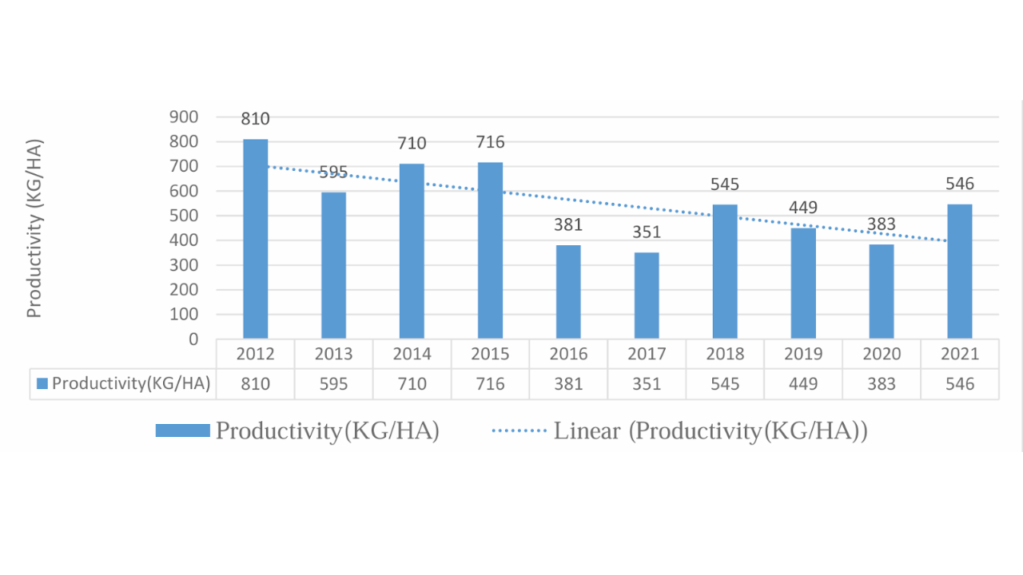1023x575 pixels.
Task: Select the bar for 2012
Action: pyautogui.click(x=256, y=239)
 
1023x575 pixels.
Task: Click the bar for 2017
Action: pyautogui.click(x=647, y=295)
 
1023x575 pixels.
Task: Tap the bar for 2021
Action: pyautogui.click(x=960, y=272)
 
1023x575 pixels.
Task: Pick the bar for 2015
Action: pyautogui.click(x=490, y=251)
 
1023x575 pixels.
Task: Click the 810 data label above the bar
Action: pyautogui.click(x=256, y=119)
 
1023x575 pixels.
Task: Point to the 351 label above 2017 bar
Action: pyautogui.click(x=647, y=232)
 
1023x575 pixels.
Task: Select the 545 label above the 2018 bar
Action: pyautogui.click(x=725, y=184)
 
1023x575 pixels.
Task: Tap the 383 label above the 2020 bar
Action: pyautogui.click(x=882, y=224)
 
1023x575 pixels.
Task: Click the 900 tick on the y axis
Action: pyautogui.click(x=183, y=117)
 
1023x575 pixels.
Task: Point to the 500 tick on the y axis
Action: pyautogui.click(x=183, y=216)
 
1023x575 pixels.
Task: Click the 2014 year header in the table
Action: pyautogui.click(x=412, y=354)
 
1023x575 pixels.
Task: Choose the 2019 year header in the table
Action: pyautogui.click(x=803, y=354)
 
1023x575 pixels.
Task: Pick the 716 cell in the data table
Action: pyautogui.click(x=490, y=384)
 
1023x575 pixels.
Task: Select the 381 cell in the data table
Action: pyautogui.click(x=568, y=384)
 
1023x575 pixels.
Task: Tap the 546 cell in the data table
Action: pyautogui.click(x=960, y=384)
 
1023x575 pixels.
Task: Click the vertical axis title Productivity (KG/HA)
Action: pyautogui.click(x=34, y=228)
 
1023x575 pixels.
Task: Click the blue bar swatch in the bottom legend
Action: pyautogui.click(x=183, y=431)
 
